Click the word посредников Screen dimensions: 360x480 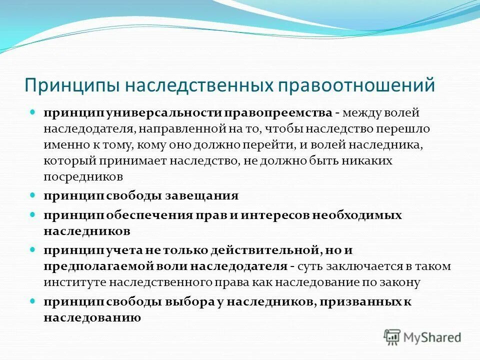(x=83, y=176)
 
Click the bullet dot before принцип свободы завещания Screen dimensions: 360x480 (x=33, y=195)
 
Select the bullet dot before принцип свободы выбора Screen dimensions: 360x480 (x=33, y=301)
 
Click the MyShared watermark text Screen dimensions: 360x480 (x=433, y=337)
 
